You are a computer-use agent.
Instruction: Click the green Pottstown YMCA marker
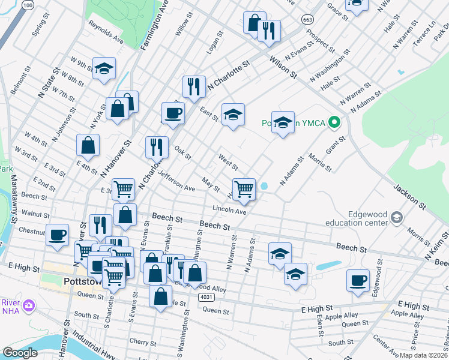coord(336,124)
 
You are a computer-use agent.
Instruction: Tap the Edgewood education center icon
coord(396,217)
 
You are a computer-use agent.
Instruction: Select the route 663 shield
coord(308,19)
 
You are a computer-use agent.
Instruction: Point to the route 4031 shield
coord(206,298)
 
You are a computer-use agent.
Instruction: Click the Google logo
coord(20,353)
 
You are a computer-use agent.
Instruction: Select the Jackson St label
coord(410,197)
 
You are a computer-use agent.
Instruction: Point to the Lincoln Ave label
coord(229,211)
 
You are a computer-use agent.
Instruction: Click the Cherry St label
coord(143,341)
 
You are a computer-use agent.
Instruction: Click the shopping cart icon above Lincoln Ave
coord(244,189)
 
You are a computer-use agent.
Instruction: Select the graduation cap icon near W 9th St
coord(104,68)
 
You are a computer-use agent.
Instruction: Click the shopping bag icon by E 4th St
coord(88,145)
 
